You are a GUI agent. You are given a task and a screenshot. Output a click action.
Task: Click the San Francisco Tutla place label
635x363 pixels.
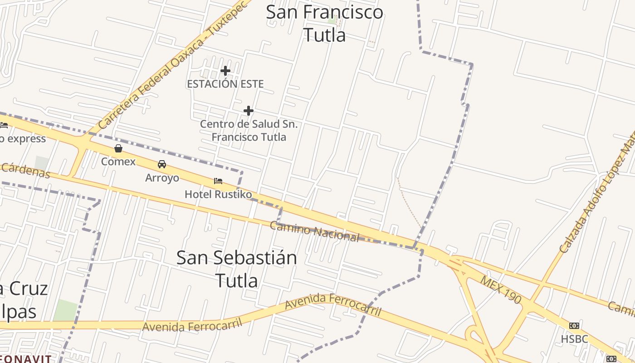pos(324,23)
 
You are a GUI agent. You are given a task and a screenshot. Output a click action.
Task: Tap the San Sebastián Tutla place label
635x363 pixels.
pos(236,269)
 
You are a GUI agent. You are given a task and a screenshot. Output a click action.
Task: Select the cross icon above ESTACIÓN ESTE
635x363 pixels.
pos(225,71)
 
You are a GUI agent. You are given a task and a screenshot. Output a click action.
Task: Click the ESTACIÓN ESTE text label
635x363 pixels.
pos(225,84)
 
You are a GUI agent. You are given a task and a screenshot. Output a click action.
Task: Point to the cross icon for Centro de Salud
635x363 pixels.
pos(248,110)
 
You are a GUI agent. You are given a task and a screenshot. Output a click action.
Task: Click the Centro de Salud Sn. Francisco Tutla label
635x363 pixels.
pos(249,130)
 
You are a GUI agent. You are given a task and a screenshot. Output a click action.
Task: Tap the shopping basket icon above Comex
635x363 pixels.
pos(118,148)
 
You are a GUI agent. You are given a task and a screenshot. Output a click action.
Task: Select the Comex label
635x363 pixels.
pos(118,162)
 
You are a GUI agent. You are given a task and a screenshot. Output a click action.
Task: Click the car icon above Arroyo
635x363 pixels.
pos(162,164)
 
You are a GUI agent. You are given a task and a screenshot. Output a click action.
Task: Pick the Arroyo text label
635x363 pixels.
pos(162,178)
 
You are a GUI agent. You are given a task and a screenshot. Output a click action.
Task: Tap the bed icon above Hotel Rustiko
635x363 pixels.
pos(218,181)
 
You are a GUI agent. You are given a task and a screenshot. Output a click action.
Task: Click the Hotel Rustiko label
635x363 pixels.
pos(218,194)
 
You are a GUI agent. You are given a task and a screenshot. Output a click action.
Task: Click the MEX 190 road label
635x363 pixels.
pos(501,289)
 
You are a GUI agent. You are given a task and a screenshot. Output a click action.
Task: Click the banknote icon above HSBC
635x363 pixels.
pos(574,326)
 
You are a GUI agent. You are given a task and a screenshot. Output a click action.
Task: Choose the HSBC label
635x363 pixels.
pos(574,339)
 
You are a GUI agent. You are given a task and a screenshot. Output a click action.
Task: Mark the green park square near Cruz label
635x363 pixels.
pos(65,310)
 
